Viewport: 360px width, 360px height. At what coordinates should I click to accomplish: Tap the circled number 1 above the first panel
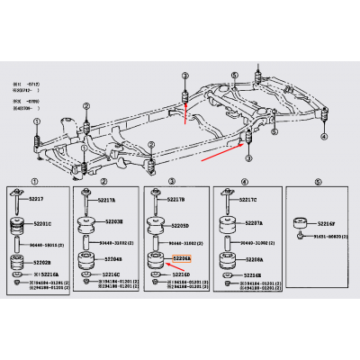click(x=35, y=182)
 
